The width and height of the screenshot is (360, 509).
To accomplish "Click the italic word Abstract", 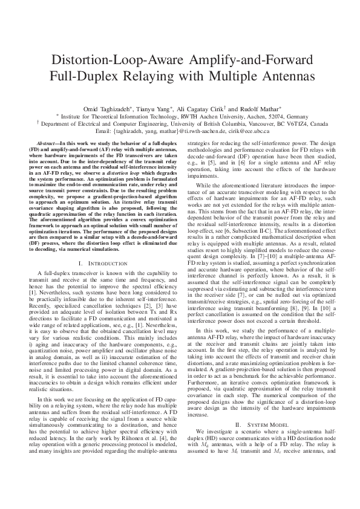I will (48, 141).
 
